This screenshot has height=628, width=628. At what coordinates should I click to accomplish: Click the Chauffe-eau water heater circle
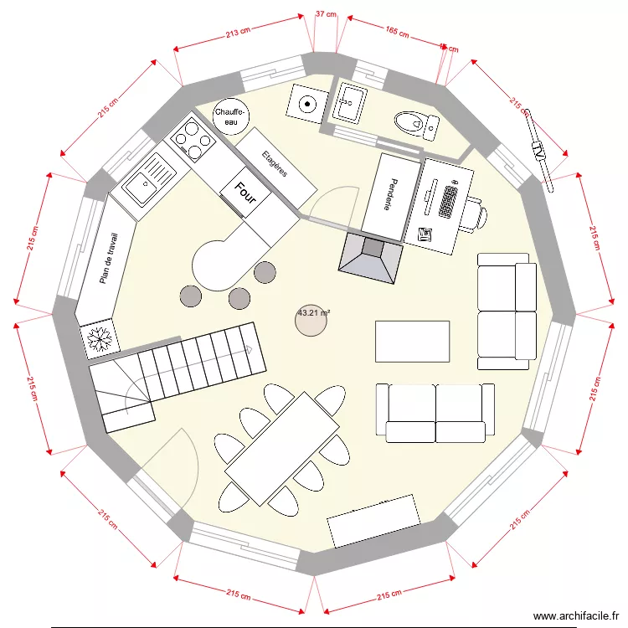[x=230, y=116]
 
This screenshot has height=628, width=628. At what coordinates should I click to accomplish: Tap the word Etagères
[x=275, y=163]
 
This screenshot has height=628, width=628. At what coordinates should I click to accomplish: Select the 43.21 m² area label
[x=313, y=313]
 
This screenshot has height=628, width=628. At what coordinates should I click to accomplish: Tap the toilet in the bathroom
[x=414, y=125]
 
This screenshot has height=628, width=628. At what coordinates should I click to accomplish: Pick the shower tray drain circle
[x=307, y=105]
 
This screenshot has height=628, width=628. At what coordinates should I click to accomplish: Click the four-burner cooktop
[x=192, y=140]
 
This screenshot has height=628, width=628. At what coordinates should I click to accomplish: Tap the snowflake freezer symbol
[x=100, y=338]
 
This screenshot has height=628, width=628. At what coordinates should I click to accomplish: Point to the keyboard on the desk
[x=447, y=200]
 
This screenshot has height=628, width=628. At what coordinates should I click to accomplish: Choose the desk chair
[x=474, y=214]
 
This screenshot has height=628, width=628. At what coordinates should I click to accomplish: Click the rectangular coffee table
[x=412, y=341]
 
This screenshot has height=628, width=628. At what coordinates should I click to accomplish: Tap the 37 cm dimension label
[x=326, y=14]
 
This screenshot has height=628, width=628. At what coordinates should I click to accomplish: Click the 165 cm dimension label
[x=397, y=33]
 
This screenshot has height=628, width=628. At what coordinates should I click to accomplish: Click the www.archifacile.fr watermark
[x=574, y=615]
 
